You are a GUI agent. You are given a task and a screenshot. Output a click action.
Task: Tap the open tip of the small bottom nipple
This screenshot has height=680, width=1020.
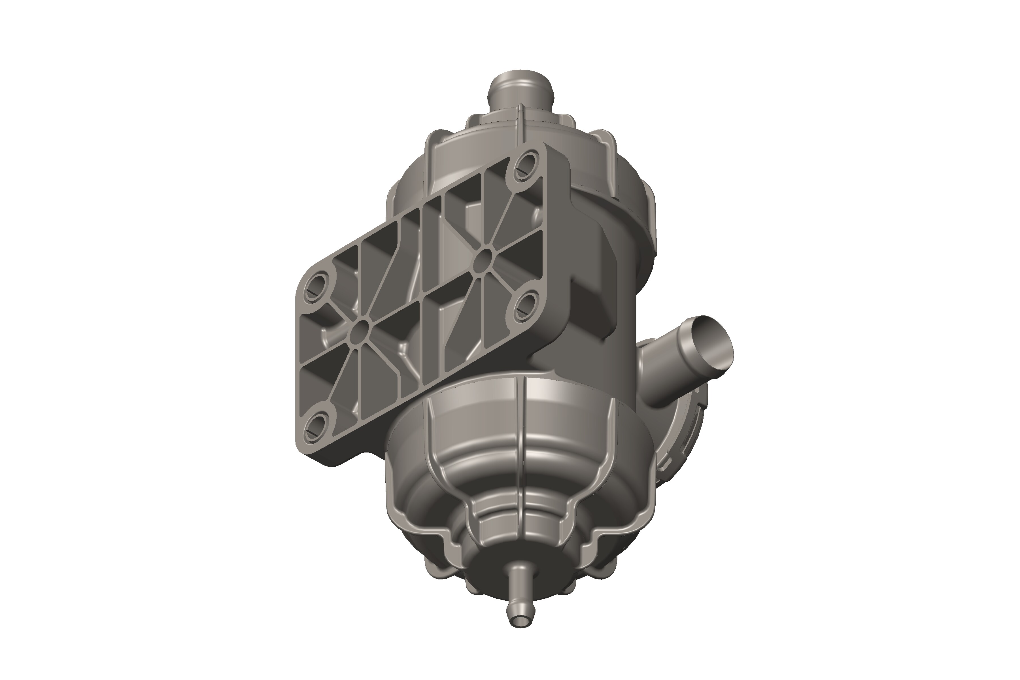[520, 634]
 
